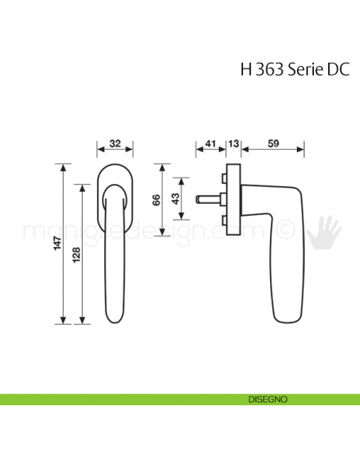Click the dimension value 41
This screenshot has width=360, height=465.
(209, 144)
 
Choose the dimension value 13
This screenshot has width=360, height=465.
(233, 144)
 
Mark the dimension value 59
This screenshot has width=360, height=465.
(273, 144)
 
